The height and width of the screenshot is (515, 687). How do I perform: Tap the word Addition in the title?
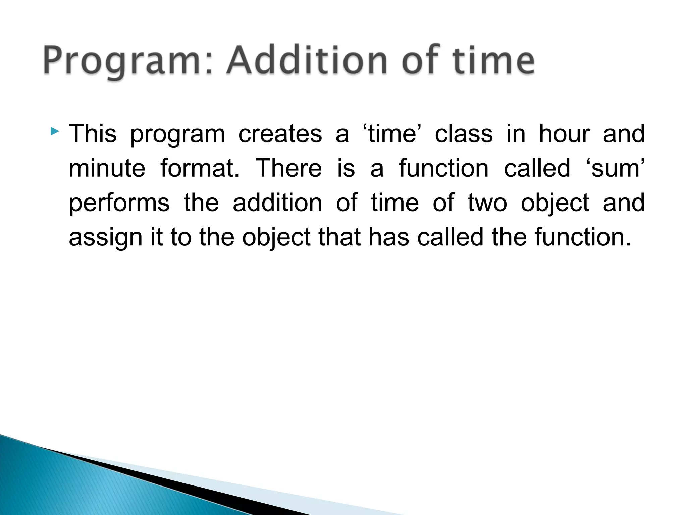307,60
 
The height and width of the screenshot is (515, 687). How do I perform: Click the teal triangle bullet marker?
55,131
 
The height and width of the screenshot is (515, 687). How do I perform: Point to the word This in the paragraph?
93,134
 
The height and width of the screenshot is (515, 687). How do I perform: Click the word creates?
280,134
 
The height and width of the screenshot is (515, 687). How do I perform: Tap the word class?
464,134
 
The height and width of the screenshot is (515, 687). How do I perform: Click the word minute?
107,168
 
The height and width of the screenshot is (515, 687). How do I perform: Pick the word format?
200,168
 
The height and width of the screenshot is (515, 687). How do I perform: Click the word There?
288,168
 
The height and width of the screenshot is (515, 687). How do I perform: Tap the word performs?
119,203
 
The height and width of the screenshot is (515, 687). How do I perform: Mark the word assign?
106,238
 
